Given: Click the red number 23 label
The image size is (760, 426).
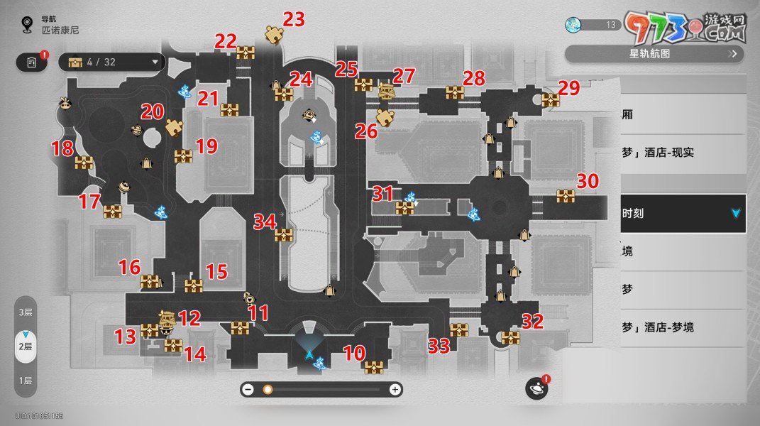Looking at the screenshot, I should (294, 19).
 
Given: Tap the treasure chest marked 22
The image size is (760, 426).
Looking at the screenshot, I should (246, 53).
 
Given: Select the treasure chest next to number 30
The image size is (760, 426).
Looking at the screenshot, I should (566, 196).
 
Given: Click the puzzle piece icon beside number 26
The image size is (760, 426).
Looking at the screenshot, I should (385, 118).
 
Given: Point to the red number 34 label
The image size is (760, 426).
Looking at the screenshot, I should (265, 222).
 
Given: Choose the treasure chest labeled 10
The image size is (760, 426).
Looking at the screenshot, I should (374, 367).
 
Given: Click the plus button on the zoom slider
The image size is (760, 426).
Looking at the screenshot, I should (395, 389).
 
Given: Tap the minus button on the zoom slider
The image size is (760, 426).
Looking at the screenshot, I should (248, 389).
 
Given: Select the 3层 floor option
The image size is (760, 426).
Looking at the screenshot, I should (26, 312).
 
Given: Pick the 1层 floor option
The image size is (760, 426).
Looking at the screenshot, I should (26, 381).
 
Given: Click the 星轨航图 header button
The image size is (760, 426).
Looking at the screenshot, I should (655, 53).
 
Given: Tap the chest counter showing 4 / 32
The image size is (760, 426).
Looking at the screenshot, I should (112, 62).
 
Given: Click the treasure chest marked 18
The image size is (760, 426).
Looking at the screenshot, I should (84, 163).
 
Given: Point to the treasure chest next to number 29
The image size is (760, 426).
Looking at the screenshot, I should (551, 100).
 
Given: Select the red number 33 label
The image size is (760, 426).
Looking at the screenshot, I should (439, 346).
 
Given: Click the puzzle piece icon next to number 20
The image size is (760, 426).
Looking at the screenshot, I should (173, 128).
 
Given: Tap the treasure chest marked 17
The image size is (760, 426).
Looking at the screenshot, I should (113, 212).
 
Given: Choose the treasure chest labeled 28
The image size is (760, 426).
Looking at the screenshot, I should (455, 92).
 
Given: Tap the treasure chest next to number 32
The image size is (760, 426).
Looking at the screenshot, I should (511, 338).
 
